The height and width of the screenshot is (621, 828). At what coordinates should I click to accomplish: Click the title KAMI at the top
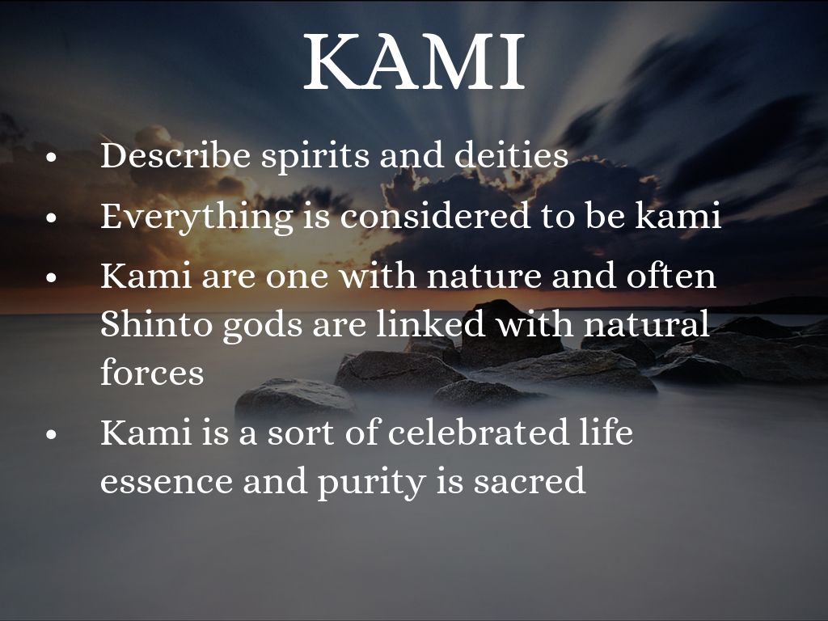tap(415, 61)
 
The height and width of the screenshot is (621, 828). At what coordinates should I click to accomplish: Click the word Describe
tap(175, 156)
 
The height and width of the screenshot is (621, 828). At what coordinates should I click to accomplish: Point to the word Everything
tap(196, 218)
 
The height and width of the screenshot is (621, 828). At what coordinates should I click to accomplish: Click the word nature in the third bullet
tap(484, 277)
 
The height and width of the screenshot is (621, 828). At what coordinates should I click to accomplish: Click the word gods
tap(263, 325)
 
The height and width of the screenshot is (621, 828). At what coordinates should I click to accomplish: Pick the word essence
tap(166, 482)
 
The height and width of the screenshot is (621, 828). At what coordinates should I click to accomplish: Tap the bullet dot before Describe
tap(51, 157)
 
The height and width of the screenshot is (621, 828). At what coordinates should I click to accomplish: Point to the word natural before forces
tap(646, 323)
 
